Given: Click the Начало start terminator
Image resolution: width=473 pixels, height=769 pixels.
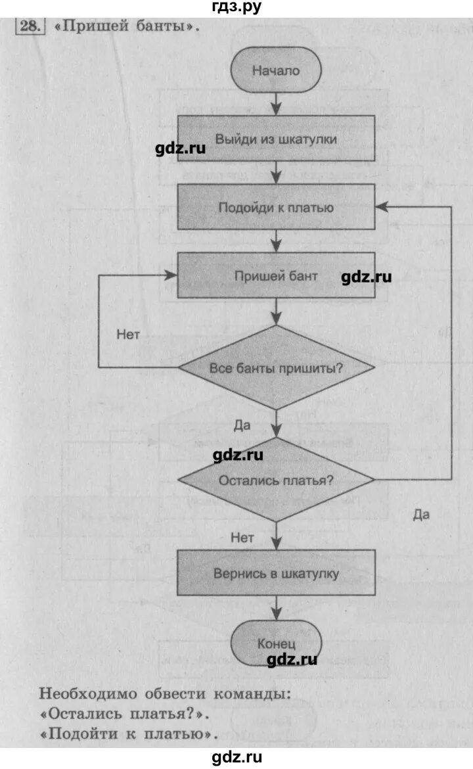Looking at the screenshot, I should [276, 70].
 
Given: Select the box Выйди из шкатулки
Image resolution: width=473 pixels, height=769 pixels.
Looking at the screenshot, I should [276, 139].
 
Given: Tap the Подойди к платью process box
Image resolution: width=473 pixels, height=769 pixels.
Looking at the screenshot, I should [276, 207].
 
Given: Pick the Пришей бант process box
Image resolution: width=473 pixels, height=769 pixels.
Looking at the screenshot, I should [276, 276].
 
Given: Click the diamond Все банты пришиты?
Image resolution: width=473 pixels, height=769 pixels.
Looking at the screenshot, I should [276, 368].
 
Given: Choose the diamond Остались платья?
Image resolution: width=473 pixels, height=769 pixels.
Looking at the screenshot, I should [276, 480].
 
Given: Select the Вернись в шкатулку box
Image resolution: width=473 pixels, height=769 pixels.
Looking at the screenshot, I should [276, 573].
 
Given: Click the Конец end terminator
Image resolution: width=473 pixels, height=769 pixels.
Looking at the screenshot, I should [276, 643].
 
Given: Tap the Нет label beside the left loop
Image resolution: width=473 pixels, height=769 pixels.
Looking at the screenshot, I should [128, 334].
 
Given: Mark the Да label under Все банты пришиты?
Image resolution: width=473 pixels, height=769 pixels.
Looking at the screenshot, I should [242, 425].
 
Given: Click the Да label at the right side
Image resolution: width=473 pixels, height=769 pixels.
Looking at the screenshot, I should [421, 514].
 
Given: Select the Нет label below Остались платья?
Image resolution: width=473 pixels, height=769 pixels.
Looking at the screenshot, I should [242, 537].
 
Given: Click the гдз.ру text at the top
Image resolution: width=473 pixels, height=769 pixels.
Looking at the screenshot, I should [236, 7].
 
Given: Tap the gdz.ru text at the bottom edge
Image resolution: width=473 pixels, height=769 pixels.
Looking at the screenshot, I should [236, 757].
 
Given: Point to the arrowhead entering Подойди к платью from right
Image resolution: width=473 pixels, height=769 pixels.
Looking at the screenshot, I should [382, 206].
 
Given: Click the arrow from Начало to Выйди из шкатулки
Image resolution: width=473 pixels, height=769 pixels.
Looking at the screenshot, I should [276, 103].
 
